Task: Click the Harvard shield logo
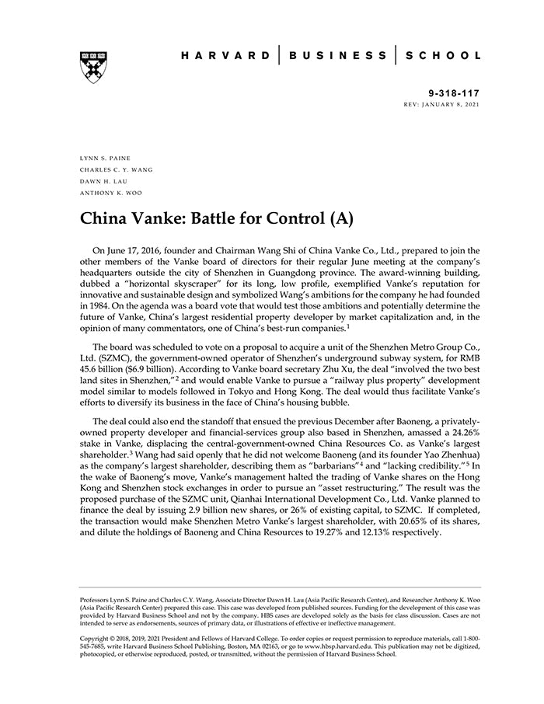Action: tap(92, 67)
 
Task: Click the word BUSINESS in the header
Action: tap(337, 56)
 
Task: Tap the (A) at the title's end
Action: tap(341, 218)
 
